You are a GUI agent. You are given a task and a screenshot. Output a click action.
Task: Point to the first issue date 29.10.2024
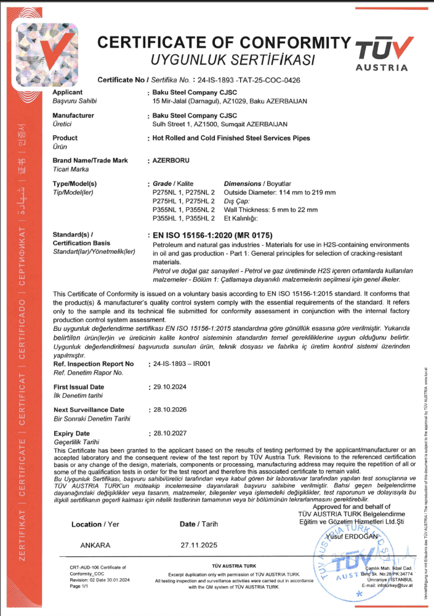click(x=169, y=387)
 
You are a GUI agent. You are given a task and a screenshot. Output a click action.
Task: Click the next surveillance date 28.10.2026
click(x=169, y=410)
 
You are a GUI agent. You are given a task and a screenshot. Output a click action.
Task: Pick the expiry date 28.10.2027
click(x=169, y=433)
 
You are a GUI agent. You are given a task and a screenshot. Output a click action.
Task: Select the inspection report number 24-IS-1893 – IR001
click(x=182, y=363)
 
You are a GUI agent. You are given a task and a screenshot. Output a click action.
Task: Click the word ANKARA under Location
click(x=95, y=545)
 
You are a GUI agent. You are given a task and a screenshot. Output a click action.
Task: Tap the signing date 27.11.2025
click(x=198, y=545)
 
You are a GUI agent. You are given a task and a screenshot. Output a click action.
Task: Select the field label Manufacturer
click(x=73, y=115)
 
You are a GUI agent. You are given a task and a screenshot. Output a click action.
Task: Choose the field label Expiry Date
click(x=72, y=433)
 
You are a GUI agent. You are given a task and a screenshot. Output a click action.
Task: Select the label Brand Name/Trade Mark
click(x=90, y=160)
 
